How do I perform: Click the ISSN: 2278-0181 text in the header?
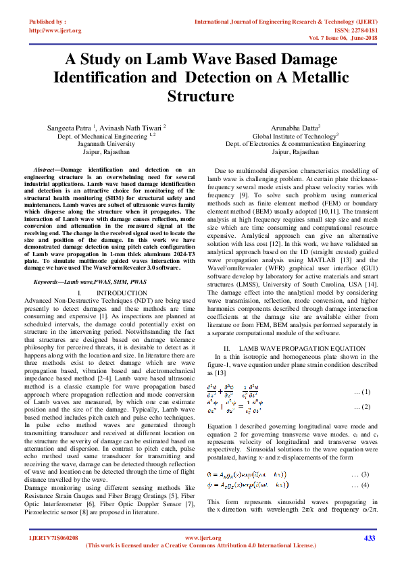tap(352, 30)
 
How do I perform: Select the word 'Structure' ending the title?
tap(201, 95)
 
